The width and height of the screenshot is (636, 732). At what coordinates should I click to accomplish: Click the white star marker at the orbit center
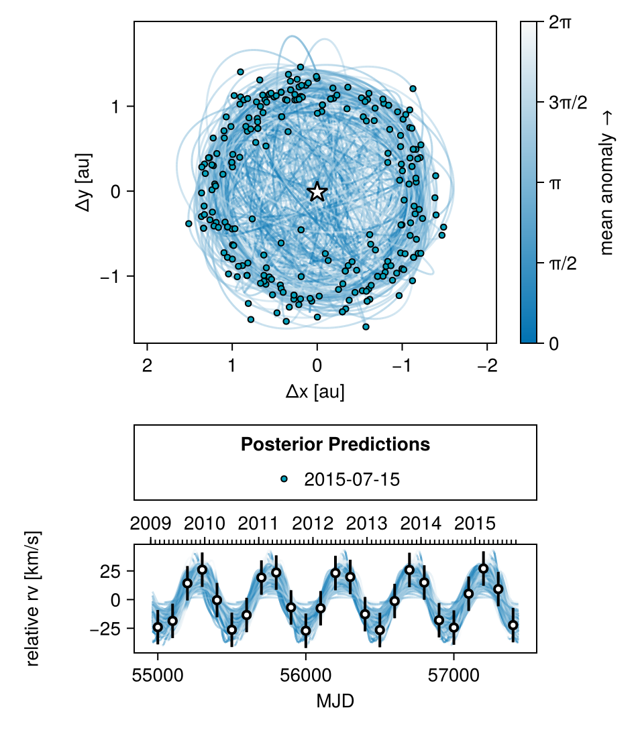tap(317, 192)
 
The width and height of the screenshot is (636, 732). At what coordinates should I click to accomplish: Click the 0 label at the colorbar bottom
tap(554, 343)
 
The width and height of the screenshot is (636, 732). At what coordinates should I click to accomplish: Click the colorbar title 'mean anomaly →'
tap(607, 183)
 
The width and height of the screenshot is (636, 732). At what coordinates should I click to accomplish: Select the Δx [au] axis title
tap(315, 391)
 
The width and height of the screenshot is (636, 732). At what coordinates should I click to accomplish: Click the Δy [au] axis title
tap(85, 182)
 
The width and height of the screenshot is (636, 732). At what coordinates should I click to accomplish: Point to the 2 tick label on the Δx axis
tap(147, 366)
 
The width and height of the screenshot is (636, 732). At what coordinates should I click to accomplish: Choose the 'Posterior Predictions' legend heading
tap(335, 444)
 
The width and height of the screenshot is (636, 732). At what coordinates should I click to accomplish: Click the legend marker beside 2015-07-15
tap(284, 479)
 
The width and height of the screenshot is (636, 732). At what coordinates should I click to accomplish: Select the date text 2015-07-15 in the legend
tap(352, 479)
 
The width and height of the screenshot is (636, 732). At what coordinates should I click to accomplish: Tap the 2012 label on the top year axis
tap(313, 523)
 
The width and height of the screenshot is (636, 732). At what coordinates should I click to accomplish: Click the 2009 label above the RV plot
tap(151, 523)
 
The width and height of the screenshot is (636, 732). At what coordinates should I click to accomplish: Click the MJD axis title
tap(335, 701)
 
